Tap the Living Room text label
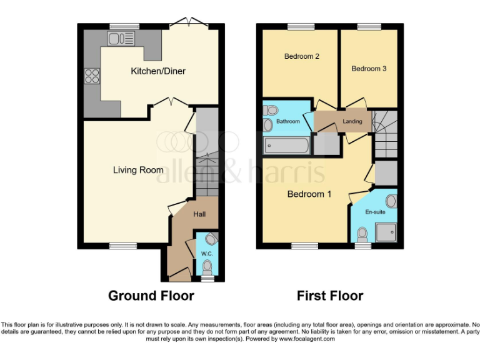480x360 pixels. click(x=138, y=170)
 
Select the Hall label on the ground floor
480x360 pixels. click(x=199, y=214)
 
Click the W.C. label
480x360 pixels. click(x=206, y=254)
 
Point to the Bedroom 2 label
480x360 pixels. click(x=302, y=56)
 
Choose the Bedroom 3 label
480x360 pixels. click(x=369, y=69)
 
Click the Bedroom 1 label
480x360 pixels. click(x=309, y=194)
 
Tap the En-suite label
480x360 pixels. click(x=374, y=212)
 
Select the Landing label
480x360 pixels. click(x=352, y=121)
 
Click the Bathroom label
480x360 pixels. click(x=288, y=121)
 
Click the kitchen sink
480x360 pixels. click(x=121, y=39)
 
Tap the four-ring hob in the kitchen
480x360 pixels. click(x=92, y=76)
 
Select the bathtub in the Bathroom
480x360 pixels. click(x=286, y=146)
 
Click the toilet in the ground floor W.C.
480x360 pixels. click(x=207, y=267)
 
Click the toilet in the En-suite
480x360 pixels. click(x=361, y=234)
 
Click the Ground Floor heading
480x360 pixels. click(x=151, y=296)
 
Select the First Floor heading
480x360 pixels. click(x=329, y=296)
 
